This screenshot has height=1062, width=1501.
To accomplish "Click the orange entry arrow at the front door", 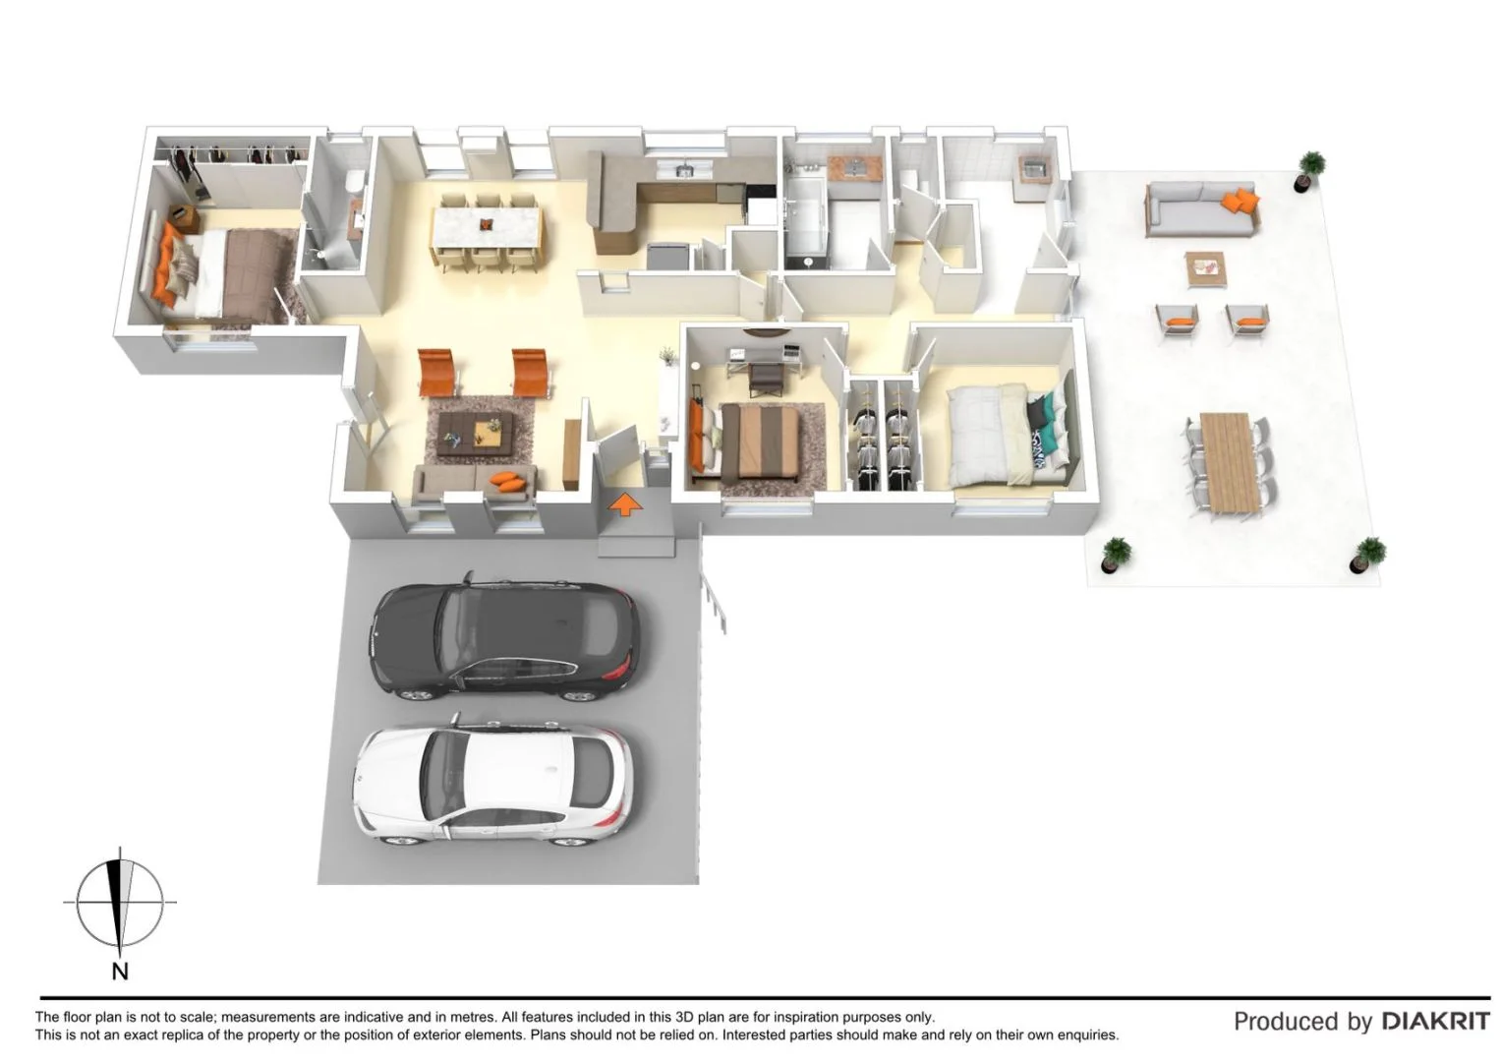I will click(x=625, y=505).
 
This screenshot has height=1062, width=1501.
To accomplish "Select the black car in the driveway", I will click(x=504, y=639).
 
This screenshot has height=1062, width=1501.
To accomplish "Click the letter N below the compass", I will click(x=120, y=972).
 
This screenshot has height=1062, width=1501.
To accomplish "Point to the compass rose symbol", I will click(x=120, y=902).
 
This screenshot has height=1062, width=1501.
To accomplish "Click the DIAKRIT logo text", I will click(x=1435, y=1021).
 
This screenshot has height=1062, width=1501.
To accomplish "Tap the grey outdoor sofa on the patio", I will click(x=1200, y=210).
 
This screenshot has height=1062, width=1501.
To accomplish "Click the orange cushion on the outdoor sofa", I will click(x=1241, y=203).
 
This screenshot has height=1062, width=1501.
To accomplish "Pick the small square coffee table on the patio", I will click(x=1205, y=267).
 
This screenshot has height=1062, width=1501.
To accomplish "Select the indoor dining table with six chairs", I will click(x=486, y=229).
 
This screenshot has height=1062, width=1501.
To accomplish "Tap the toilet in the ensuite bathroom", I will click(x=355, y=182).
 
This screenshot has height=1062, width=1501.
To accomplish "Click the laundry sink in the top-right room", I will click(x=1032, y=168).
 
